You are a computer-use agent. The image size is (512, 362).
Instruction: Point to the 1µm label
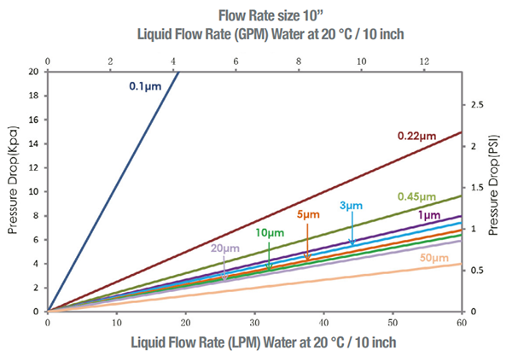[x=431, y=215]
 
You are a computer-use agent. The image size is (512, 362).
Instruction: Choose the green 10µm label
[x=269, y=233]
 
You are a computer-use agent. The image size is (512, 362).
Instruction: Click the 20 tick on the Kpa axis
[x=33, y=72]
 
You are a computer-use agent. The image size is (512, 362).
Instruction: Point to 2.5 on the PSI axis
[x=478, y=104]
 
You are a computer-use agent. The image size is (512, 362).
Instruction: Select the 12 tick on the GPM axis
[x=424, y=61]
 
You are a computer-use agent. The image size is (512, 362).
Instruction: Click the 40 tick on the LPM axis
[x=323, y=324]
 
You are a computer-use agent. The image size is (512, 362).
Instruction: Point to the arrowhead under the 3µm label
[x=352, y=244]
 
